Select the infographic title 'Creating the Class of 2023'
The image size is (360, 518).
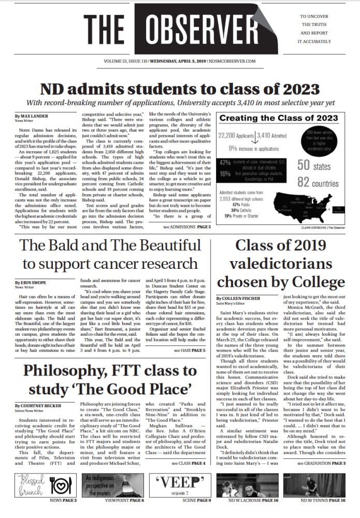point(271,118)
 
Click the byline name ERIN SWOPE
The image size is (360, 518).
point(33,283)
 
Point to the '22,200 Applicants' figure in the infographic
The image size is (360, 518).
point(237,136)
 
